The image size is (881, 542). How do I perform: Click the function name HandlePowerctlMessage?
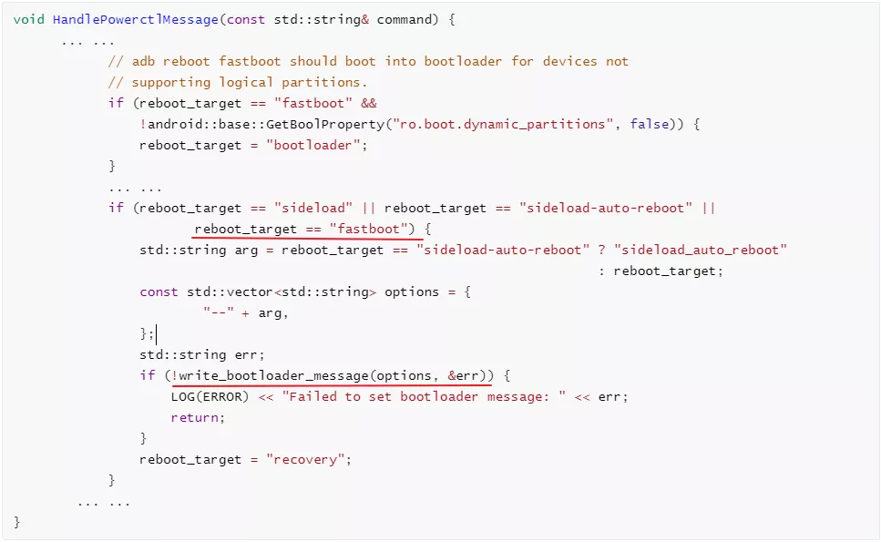click(136, 20)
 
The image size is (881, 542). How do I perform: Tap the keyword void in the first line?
click(28, 20)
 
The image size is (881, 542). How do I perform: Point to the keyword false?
click(649, 124)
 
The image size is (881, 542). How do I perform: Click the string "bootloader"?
click(312, 145)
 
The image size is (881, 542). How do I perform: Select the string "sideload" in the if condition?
click(313, 208)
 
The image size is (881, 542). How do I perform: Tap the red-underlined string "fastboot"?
click(369, 229)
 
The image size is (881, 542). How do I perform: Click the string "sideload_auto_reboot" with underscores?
click(701, 250)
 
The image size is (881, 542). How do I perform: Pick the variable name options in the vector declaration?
click(411, 292)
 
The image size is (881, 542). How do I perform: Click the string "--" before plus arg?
click(219, 312)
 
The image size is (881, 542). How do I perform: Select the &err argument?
click(463, 375)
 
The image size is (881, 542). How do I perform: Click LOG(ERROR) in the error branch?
click(210, 396)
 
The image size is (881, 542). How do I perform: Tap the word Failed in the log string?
click(313, 396)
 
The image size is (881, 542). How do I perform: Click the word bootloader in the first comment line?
click(463, 61)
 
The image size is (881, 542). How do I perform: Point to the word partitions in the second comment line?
click(321, 83)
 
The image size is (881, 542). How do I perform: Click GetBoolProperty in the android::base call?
click(324, 124)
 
